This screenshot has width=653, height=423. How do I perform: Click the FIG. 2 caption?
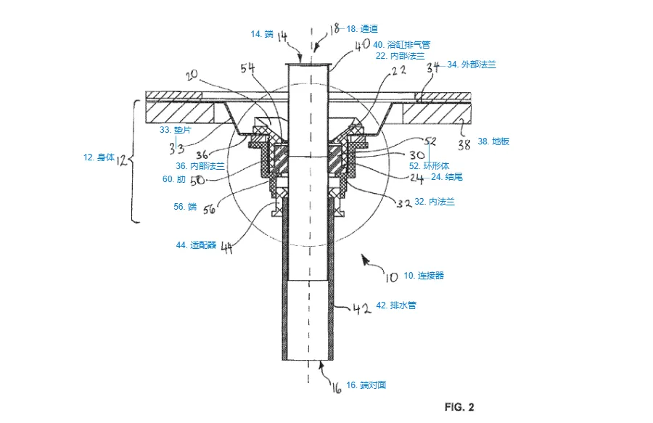click(459, 407)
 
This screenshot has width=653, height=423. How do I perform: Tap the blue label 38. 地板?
click(494, 142)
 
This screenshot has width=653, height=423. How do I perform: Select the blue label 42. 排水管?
click(395, 305)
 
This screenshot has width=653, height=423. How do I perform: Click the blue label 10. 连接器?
click(424, 276)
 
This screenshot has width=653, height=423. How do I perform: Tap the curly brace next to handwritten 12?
click(135, 160)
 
